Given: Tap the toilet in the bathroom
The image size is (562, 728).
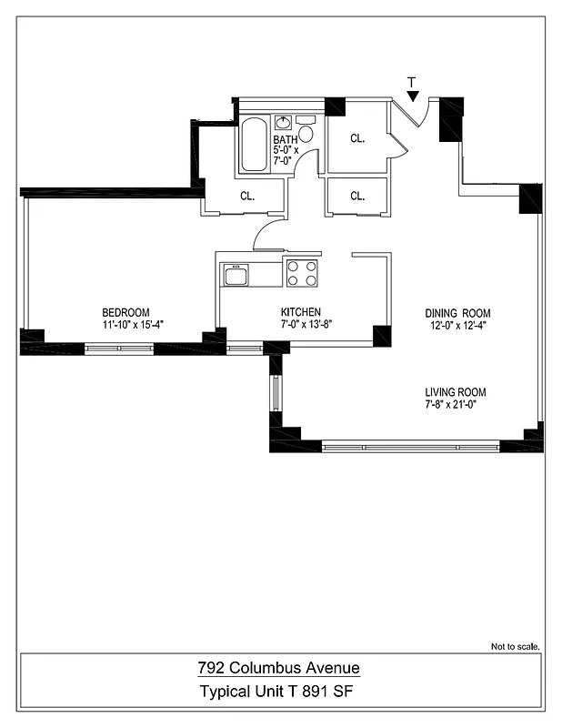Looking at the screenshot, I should pos(306,133).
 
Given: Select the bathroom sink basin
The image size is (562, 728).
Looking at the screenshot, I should pos(283,122).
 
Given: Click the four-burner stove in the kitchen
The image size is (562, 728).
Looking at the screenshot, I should pos(303,272).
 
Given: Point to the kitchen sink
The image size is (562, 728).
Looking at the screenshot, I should pos(236,275).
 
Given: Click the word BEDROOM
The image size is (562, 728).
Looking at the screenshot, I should pos(125,312).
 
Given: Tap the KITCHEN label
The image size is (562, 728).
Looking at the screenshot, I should pos(300,312).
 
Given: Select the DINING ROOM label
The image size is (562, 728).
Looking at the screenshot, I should pos(457,314).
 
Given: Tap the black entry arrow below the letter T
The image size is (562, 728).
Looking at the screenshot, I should pos(413,96).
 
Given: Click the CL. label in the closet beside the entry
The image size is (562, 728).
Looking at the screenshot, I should pos(357,139).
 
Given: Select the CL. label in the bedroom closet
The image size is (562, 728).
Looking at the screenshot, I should pos(246,196).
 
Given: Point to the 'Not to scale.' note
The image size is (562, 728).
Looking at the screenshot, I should pos(516,647).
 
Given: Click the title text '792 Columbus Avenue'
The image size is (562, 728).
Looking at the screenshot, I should pos(279,668).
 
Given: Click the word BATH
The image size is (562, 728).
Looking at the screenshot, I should pos(285,139).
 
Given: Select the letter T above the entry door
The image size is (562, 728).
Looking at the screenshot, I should pos(413,83).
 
